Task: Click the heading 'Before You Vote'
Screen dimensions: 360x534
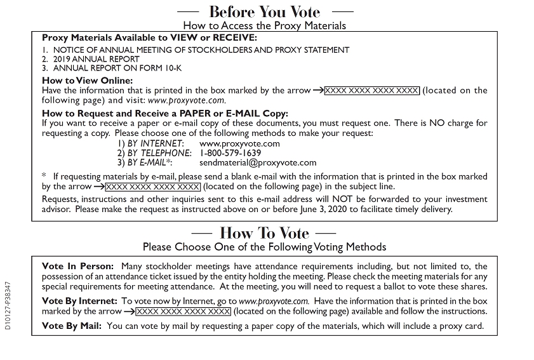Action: (264, 11)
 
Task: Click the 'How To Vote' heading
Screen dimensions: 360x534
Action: (264, 232)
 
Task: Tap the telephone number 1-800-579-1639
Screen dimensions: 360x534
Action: (230, 153)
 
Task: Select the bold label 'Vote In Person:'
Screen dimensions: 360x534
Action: (77, 266)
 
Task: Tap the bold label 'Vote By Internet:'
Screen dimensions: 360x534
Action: (79, 300)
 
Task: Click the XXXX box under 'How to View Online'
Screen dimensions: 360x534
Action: (371, 91)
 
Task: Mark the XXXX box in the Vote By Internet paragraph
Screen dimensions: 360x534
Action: (184, 312)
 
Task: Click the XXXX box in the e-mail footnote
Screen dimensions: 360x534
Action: (152, 187)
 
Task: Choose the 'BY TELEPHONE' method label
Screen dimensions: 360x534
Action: (159, 153)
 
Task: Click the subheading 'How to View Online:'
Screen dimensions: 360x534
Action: (87, 80)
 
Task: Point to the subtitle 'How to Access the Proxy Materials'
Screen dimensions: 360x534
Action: (264, 25)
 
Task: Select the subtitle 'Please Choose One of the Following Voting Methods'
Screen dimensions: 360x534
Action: (264, 246)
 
